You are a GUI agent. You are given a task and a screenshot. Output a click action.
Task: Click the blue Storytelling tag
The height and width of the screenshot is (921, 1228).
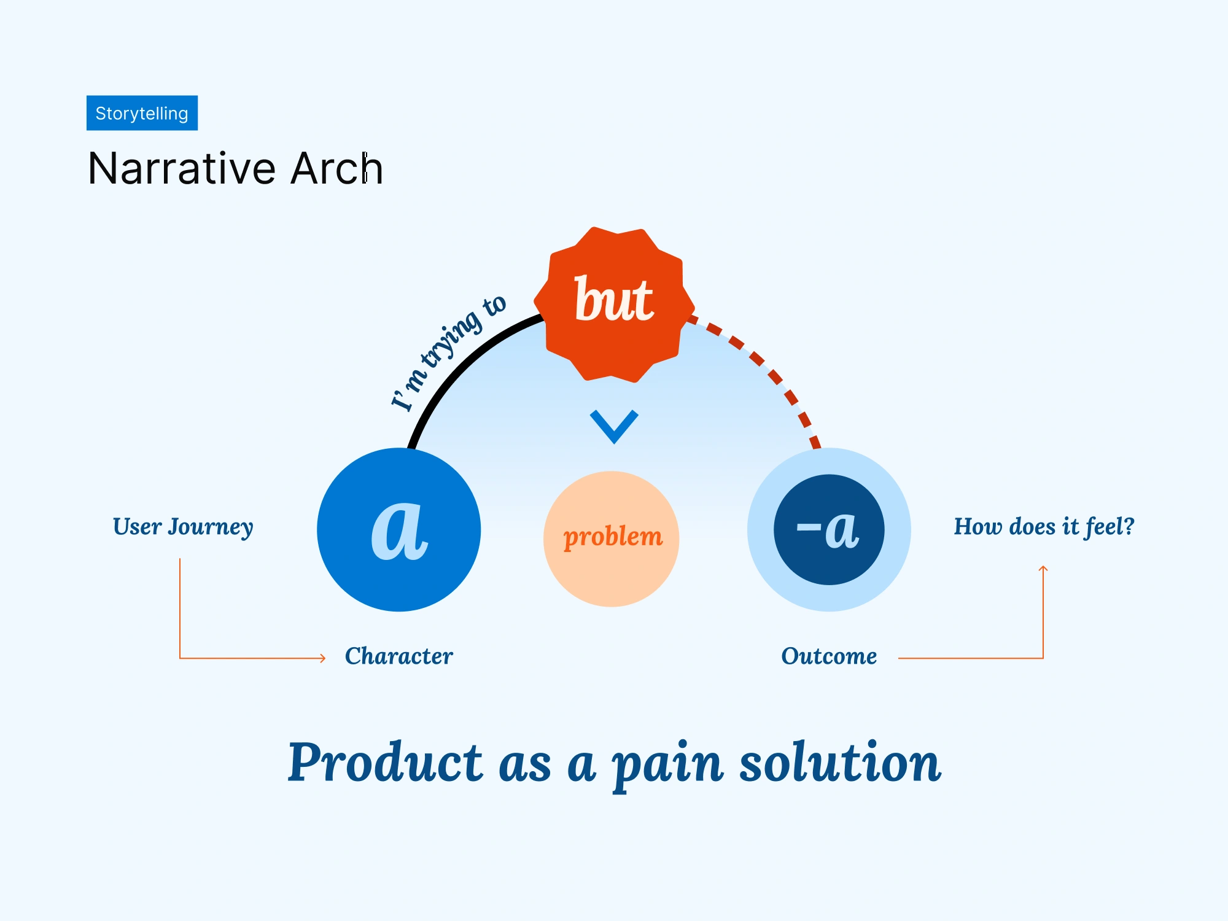tap(142, 113)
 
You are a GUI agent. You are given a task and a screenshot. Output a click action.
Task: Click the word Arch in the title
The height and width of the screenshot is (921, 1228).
tap(336, 168)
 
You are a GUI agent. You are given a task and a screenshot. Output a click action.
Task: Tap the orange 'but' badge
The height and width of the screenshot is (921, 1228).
tap(614, 304)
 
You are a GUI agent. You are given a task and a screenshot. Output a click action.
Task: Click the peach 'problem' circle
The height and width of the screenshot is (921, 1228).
tap(612, 538)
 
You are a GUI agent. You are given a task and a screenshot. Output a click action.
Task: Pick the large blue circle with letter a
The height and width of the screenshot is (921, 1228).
tap(398, 529)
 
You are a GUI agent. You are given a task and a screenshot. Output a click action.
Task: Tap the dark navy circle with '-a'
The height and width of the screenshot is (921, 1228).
tap(829, 529)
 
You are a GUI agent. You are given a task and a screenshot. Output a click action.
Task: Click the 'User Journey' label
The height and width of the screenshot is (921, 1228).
tap(183, 527)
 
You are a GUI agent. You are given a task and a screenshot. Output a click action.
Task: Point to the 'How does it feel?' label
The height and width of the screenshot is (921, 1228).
tap(1043, 527)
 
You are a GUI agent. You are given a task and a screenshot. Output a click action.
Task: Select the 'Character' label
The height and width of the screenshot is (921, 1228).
tap(399, 656)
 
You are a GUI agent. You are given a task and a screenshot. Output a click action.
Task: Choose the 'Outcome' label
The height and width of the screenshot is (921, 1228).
tap(829, 656)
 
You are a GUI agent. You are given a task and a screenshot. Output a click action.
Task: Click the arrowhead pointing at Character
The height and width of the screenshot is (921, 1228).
tap(323, 658)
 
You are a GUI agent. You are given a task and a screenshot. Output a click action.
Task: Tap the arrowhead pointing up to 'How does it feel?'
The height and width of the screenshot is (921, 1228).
tap(1043, 569)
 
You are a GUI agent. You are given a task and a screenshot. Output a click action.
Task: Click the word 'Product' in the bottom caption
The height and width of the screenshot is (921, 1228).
tap(385, 763)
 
